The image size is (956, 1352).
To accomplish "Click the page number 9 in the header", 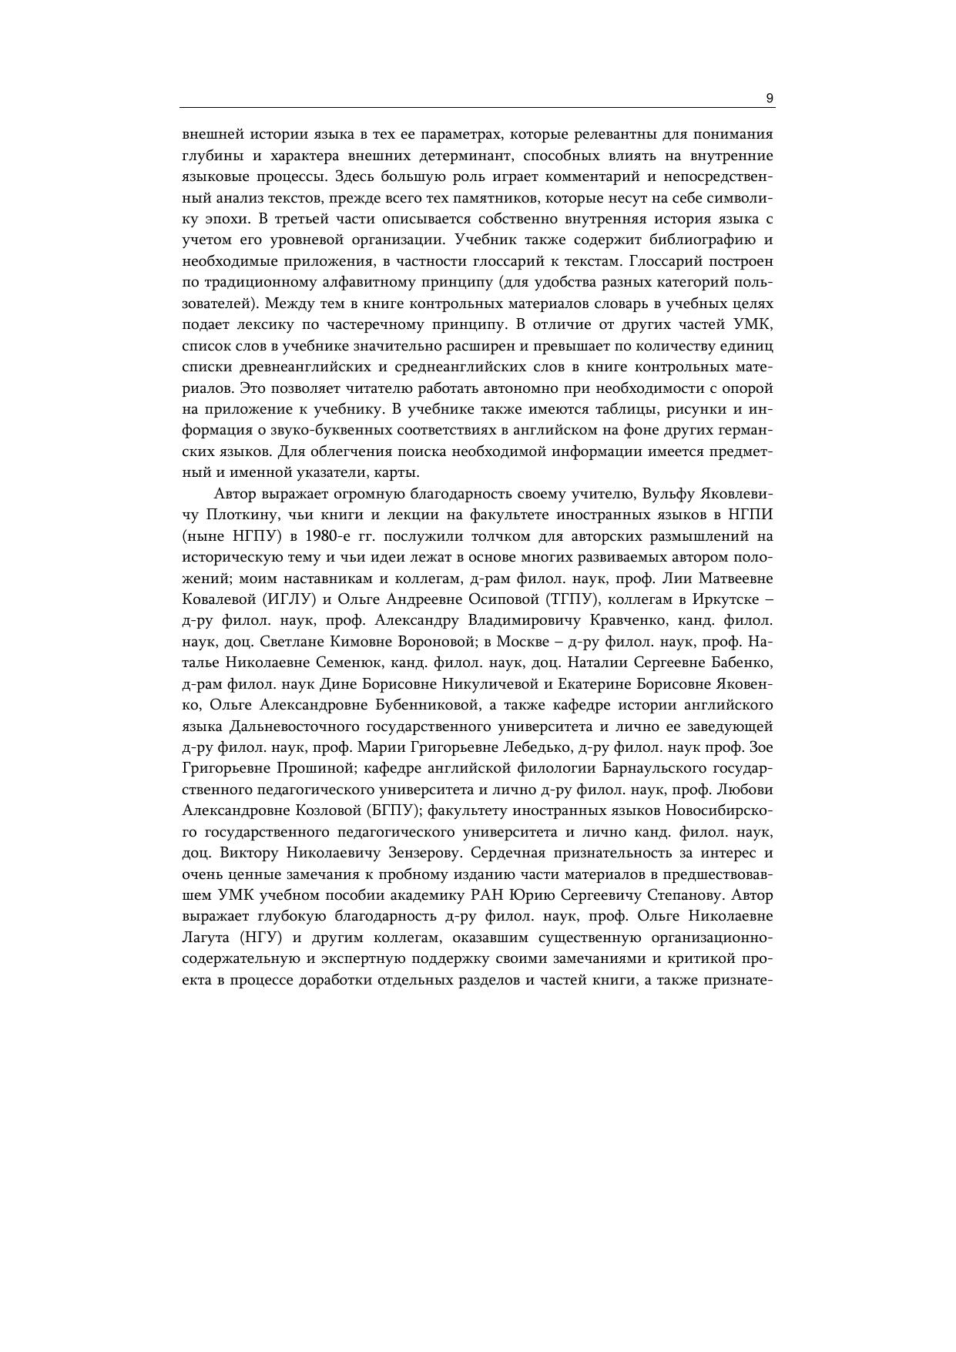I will pos(770,98).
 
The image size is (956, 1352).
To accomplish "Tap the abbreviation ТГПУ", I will pos(572,599).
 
